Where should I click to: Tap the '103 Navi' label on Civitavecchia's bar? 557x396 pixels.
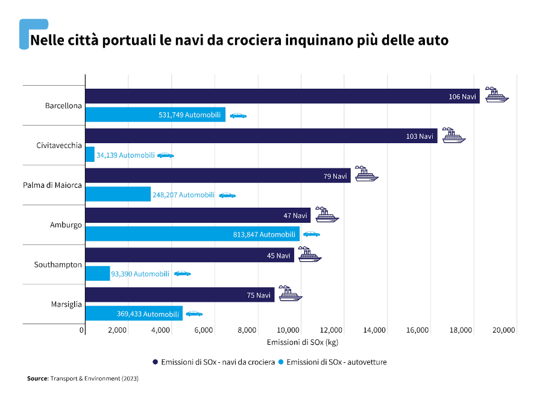[420, 136]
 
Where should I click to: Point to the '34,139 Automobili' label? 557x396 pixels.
[125, 155]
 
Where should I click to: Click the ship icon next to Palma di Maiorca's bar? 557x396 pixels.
[366, 174]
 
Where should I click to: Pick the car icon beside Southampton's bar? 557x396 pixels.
[182, 273]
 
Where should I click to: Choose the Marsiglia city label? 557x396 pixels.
[66, 304]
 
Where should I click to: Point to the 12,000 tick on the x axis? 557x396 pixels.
[332, 330]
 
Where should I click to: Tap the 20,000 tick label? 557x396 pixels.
[504, 330]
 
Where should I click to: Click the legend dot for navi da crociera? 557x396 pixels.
[156, 362]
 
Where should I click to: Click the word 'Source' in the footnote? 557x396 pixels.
[37, 378]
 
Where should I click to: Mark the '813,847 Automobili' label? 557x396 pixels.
[265, 234]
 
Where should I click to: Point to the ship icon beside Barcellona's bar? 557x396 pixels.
[497, 94]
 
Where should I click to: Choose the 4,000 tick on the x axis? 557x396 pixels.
[161, 330]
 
